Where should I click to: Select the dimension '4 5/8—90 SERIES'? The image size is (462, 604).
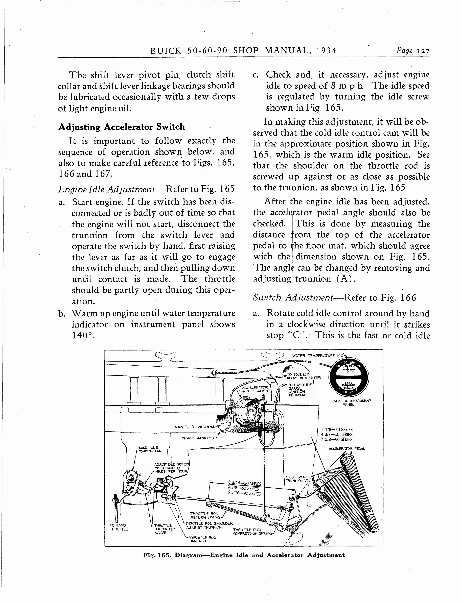point(337,439)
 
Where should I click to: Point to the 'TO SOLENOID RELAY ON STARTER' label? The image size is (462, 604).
point(304,376)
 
